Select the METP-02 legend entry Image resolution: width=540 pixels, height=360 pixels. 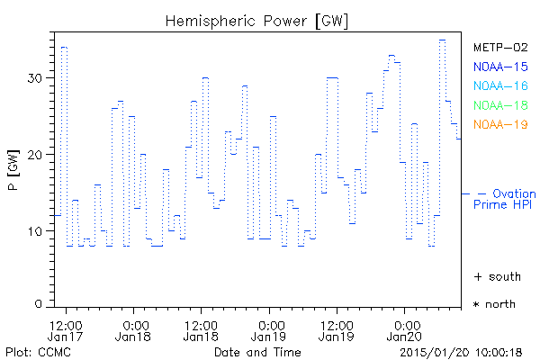tap(499, 47)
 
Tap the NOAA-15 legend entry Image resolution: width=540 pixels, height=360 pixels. tap(499, 67)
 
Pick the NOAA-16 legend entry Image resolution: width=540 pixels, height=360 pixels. tap(499, 86)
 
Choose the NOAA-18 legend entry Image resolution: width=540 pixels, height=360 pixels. tap(499, 105)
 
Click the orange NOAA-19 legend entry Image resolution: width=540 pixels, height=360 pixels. tap(499, 124)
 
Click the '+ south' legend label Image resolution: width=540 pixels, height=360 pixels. tap(494, 275)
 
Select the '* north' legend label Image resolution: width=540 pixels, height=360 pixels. tap(494, 304)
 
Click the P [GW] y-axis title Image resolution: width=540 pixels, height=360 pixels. tap(13, 172)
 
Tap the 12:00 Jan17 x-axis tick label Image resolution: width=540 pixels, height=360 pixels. tap(66, 330)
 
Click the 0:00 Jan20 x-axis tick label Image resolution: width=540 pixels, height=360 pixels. tap(406, 330)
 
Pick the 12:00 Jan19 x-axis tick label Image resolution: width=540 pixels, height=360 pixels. tap(337, 330)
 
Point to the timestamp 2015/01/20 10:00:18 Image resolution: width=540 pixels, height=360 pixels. tap(462, 351)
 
